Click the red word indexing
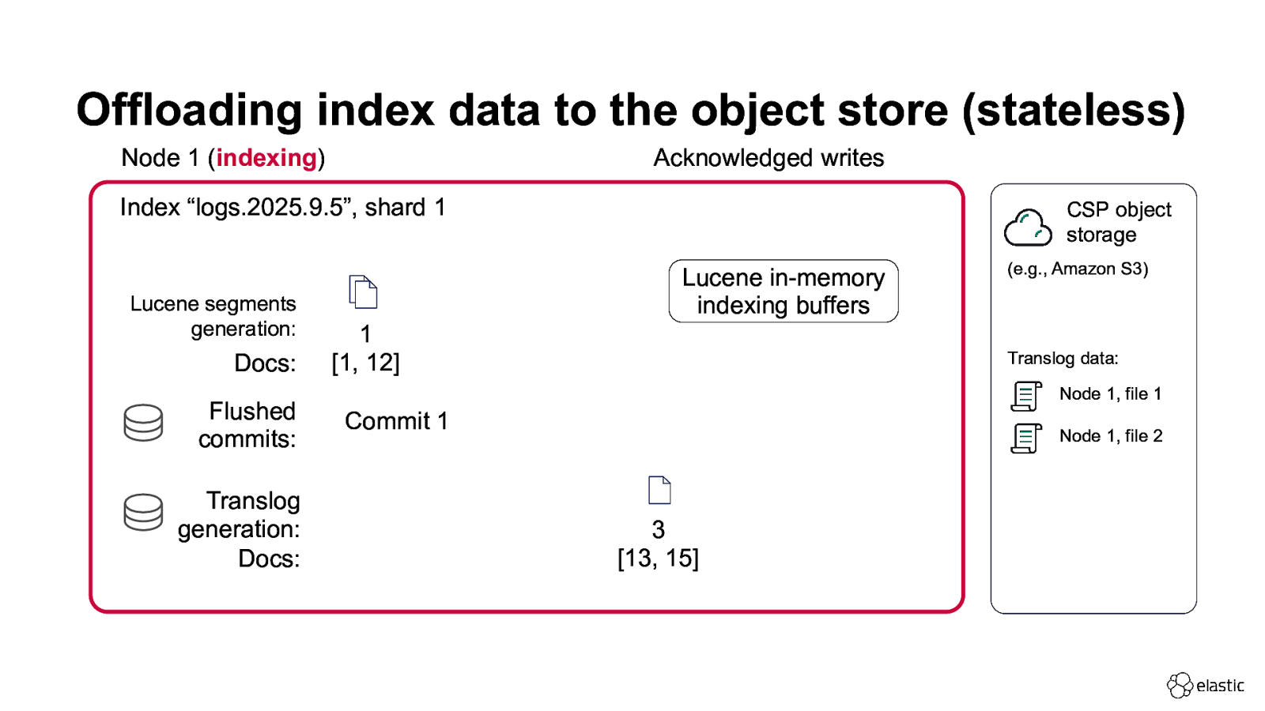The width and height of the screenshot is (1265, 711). [266, 158]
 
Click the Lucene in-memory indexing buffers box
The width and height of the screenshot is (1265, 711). [783, 292]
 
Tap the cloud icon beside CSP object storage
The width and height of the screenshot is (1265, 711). [1028, 228]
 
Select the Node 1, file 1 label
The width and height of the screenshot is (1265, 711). [1110, 393]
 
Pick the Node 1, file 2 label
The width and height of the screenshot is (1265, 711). [1110, 435]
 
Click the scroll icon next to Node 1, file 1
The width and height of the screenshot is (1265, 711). [1026, 396]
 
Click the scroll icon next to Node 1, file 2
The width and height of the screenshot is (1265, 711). [1026, 438]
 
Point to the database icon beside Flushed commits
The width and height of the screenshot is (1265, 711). [143, 423]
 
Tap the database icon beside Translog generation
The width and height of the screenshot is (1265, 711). [143, 512]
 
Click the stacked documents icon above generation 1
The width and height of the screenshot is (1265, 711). [363, 292]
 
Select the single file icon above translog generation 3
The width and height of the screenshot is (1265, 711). [659, 490]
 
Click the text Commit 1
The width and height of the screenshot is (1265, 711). [396, 421]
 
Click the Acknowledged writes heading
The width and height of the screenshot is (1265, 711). [768, 158]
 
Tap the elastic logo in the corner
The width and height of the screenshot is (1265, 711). [1205, 685]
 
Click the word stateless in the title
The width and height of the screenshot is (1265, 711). [1073, 110]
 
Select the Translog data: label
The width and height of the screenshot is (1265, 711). [1063, 358]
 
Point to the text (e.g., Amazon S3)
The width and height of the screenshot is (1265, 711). [1077, 269]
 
